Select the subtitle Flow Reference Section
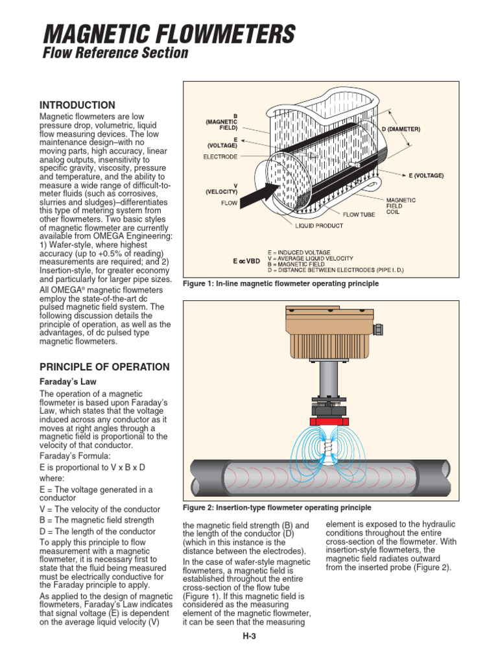(x=115, y=53)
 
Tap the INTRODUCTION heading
(x=77, y=105)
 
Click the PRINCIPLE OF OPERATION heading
(x=104, y=367)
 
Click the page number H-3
(x=249, y=636)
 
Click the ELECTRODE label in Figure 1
(x=220, y=157)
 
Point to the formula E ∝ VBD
(x=246, y=261)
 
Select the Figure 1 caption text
(x=280, y=284)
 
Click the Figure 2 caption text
(x=278, y=507)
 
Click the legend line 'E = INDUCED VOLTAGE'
(x=299, y=252)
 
